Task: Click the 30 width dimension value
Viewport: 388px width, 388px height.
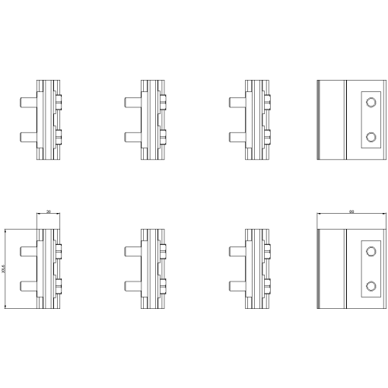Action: pos(49,211)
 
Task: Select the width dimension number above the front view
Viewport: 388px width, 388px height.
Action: pos(350,211)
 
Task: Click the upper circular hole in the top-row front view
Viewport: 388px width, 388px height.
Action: pos(371,102)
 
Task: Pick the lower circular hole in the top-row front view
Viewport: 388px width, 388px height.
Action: pos(371,137)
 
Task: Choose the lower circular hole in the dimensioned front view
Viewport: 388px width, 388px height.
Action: pos(371,285)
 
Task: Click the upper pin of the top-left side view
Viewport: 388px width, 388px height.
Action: pos(28,100)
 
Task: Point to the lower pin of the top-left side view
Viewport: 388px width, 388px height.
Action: pos(28,138)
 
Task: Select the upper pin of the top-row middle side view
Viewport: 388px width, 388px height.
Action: pos(132,100)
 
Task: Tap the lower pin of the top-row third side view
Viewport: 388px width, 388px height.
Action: pos(237,138)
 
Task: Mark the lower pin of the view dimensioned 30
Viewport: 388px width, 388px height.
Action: pos(28,286)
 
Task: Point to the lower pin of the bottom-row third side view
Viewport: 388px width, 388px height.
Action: pos(237,286)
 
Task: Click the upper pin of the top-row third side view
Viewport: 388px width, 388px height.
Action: pos(237,100)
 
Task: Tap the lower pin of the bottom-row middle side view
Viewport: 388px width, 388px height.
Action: pos(132,286)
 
